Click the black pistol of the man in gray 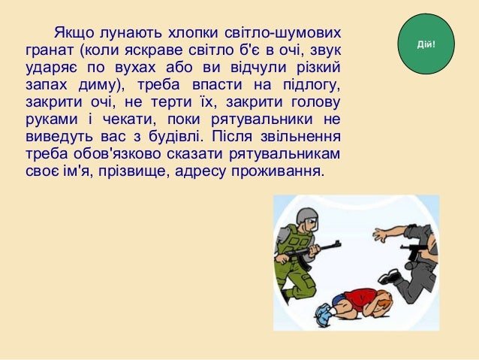[x=414, y=250]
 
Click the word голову [x=312, y=104]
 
